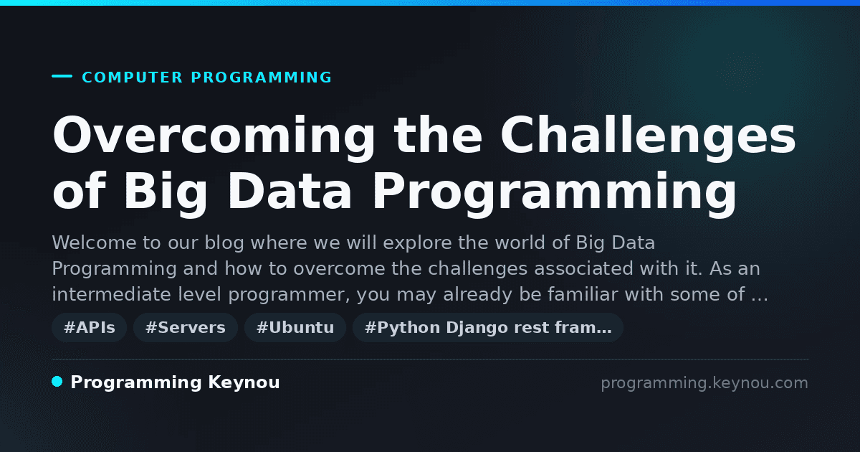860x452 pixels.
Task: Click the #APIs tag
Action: click(x=89, y=327)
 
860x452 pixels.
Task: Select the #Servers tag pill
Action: click(x=186, y=327)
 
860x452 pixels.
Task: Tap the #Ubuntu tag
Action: click(x=295, y=327)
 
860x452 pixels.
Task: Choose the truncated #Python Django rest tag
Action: click(x=488, y=327)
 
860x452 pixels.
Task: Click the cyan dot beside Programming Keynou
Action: click(x=57, y=382)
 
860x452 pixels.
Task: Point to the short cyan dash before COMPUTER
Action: click(x=62, y=76)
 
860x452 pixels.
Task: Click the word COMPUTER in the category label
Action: click(x=133, y=77)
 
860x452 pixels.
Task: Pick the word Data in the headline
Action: click(x=290, y=191)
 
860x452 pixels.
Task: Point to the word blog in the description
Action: click(x=224, y=243)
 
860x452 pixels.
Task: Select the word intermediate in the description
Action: click(x=111, y=294)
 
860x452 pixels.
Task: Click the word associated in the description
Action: click(x=583, y=268)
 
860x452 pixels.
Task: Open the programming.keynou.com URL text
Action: click(x=704, y=383)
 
